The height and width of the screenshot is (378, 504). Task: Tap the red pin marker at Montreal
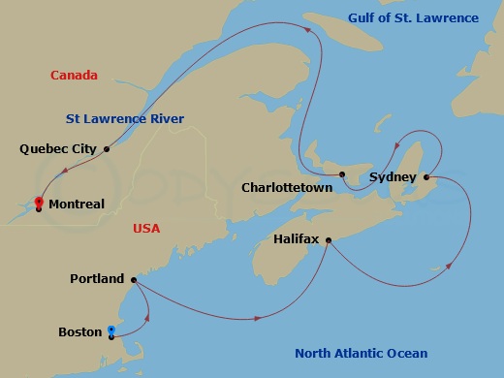pyautogui.click(x=38, y=203)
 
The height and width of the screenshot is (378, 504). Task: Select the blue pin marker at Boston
pyautogui.click(x=111, y=332)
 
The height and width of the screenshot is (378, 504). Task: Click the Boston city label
pyautogui.click(x=80, y=332)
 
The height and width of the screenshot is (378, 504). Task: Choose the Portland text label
pyautogui.click(x=97, y=279)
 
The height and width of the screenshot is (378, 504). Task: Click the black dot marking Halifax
pyautogui.click(x=329, y=239)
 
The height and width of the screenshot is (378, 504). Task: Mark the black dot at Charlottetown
pyautogui.click(x=343, y=174)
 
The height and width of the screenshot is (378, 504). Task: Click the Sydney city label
pyautogui.click(x=393, y=177)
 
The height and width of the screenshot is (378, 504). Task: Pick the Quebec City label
pyautogui.click(x=58, y=149)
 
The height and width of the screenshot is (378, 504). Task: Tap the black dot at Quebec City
pyautogui.click(x=107, y=149)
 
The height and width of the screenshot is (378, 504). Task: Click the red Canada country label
pyautogui.click(x=74, y=75)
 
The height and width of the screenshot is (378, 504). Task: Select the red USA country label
pyautogui.click(x=147, y=229)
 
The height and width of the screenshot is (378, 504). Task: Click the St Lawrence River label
pyautogui.click(x=125, y=119)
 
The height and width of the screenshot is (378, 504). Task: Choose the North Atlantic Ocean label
pyautogui.click(x=362, y=353)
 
